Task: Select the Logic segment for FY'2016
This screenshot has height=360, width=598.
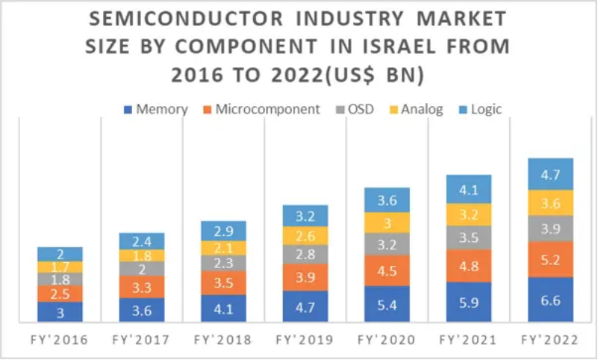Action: click(60, 253)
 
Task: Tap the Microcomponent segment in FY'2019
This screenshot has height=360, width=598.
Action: click(305, 277)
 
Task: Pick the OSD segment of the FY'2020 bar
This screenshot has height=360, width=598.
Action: click(387, 243)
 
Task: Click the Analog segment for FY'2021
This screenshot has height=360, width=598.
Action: click(468, 214)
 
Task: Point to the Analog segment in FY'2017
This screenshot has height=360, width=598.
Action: click(141, 255)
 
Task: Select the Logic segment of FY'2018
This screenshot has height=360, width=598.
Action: click(223, 230)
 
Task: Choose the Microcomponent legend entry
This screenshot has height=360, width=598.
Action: click(261, 110)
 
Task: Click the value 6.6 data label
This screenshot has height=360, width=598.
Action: click(551, 300)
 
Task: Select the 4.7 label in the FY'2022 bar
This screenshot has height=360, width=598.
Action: click(551, 176)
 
